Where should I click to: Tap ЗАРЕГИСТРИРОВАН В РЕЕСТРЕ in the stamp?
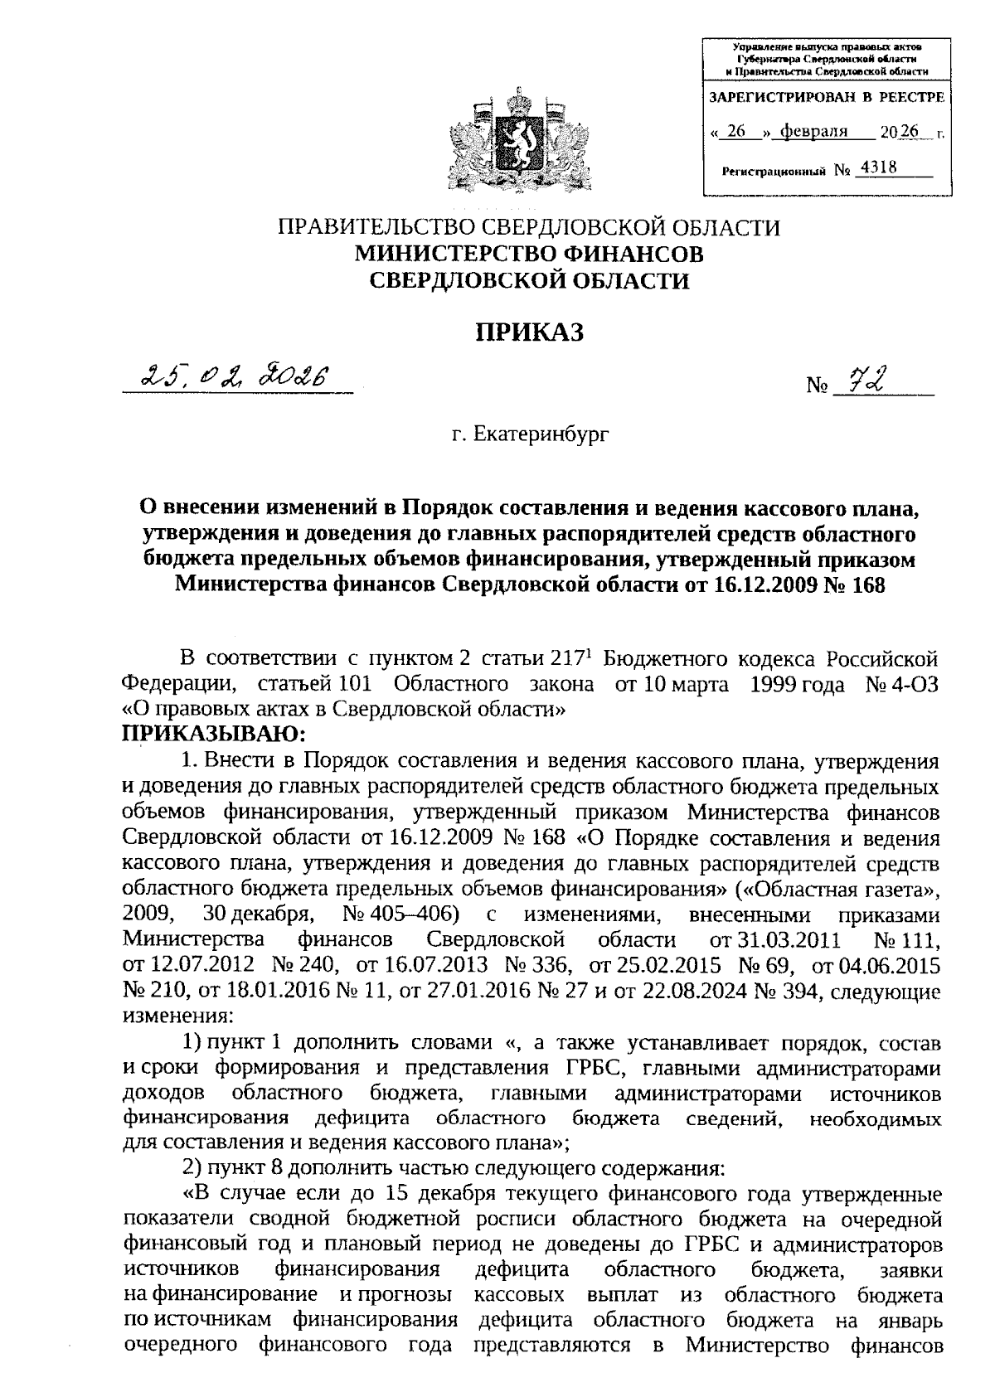point(824,98)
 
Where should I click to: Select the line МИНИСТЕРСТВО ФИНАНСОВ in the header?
point(529,254)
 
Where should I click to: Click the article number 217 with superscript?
point(569,659)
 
